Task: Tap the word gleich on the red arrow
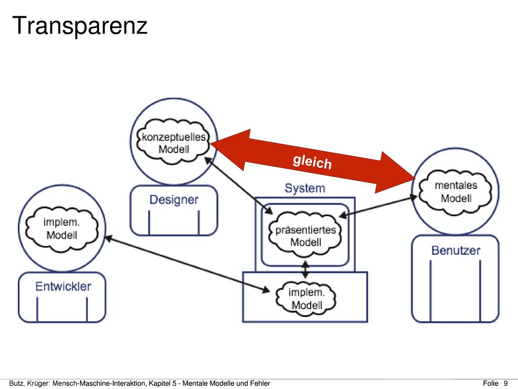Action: coord(312,162)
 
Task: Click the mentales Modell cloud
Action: coord(456,191)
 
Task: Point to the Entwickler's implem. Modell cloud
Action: coord(62,228)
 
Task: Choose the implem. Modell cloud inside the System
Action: coord(306,298)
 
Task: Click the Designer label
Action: coord(174,200)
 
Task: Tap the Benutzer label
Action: coord(456,250)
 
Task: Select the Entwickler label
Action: coord(63,287)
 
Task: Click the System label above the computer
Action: coord(305,188)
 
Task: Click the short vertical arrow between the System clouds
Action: coord(305,269)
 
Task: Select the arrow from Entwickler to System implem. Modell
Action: coord(187,264)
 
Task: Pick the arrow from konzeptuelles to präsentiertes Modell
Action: coord(238,185)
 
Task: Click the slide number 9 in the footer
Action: coord(505,383)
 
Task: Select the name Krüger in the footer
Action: coord(38,383)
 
